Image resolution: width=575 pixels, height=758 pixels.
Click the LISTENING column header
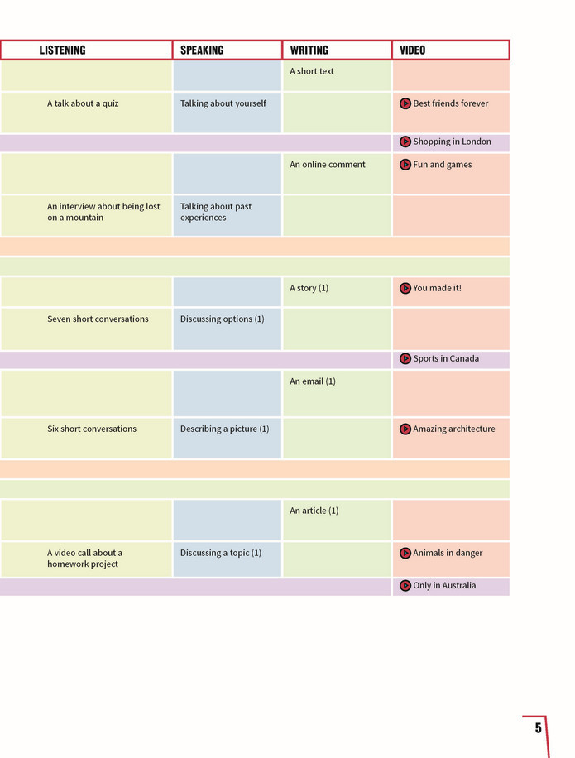point(62,50)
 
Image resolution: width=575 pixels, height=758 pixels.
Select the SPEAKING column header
point(202,50)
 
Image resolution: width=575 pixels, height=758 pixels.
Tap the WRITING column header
point(309,50)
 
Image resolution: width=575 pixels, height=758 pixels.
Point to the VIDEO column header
point(413,50)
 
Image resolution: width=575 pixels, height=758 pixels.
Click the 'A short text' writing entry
point(312,71)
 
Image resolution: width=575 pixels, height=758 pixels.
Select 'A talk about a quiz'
point(83,103)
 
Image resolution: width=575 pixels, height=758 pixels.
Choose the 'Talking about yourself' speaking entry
point(223,103)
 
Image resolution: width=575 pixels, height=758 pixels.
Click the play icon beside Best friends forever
point(405,103)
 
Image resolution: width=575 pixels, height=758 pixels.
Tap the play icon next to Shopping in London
point(405,142)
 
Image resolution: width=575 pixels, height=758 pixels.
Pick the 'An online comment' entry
point(328,165)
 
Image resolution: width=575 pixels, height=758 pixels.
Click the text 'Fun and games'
point(443,165)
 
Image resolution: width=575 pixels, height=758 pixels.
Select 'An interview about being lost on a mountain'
point(103,212)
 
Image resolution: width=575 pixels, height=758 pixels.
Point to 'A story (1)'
point(309,288)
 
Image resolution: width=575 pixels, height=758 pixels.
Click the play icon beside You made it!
point(405,288)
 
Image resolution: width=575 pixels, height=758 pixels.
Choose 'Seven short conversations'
point(98,319)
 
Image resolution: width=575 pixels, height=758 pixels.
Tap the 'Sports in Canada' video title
point(446,358)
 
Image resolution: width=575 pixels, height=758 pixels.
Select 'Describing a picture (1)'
point(225,429)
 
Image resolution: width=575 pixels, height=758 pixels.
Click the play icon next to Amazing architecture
point(405,429)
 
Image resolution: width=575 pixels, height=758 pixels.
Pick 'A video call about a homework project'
point(84,559)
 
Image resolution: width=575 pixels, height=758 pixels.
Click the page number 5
point(539,728)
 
